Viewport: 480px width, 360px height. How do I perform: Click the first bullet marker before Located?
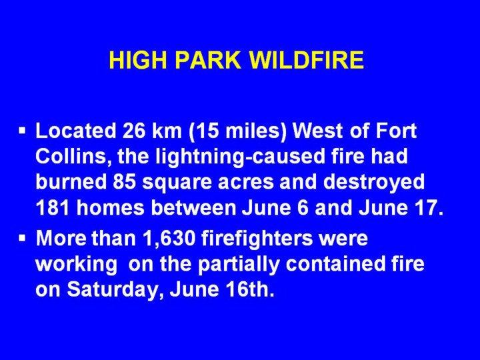tap(22, 131)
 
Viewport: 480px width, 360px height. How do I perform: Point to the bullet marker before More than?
tap(22, 238)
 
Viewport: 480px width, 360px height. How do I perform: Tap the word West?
tap(318, 131)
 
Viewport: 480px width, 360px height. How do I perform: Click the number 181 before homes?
tap(52, 208)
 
